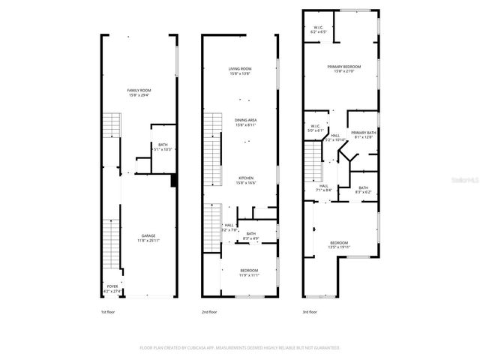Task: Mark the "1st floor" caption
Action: tap(109, 312)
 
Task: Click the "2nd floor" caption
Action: tap(210, 312)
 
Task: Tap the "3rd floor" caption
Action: tap(310, 312)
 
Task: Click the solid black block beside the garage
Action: tap(174, 180)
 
